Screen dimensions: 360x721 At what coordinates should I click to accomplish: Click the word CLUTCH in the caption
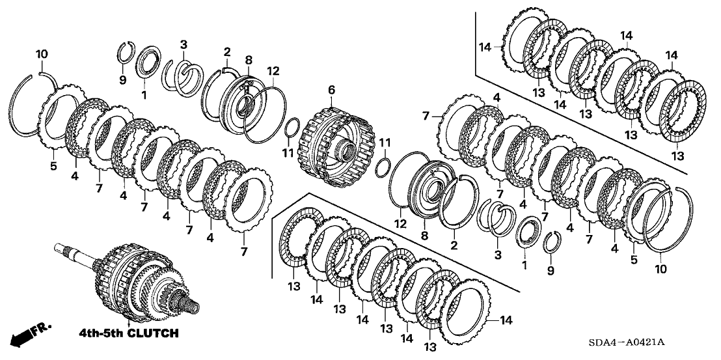tap(154, 333)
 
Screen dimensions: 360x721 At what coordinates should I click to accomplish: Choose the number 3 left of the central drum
tap(184, 44)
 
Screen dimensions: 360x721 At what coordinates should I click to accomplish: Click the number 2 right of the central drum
tap(454, 244)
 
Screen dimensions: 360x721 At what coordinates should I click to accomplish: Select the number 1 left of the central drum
tap(144, 96)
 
